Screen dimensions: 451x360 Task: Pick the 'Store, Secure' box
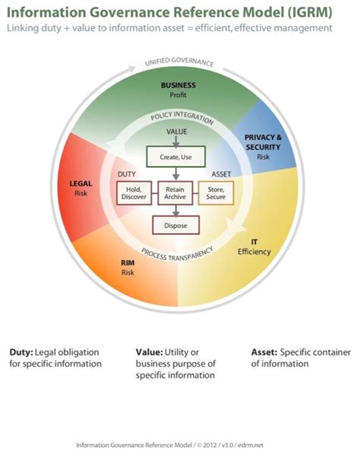(x=215, y=193)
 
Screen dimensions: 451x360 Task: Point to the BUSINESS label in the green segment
(x=178, y=86)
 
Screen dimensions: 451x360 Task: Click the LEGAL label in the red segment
(x=81, y=183)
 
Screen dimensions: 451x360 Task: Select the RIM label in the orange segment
(x=128, y=263)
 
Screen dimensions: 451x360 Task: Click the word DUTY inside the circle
(x=127, y=174)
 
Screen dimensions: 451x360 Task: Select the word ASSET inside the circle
(x=221, y=174)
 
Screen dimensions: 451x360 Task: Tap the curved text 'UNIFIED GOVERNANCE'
(x=179, y=64)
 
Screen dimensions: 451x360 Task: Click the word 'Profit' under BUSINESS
(x=178, y=96)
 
